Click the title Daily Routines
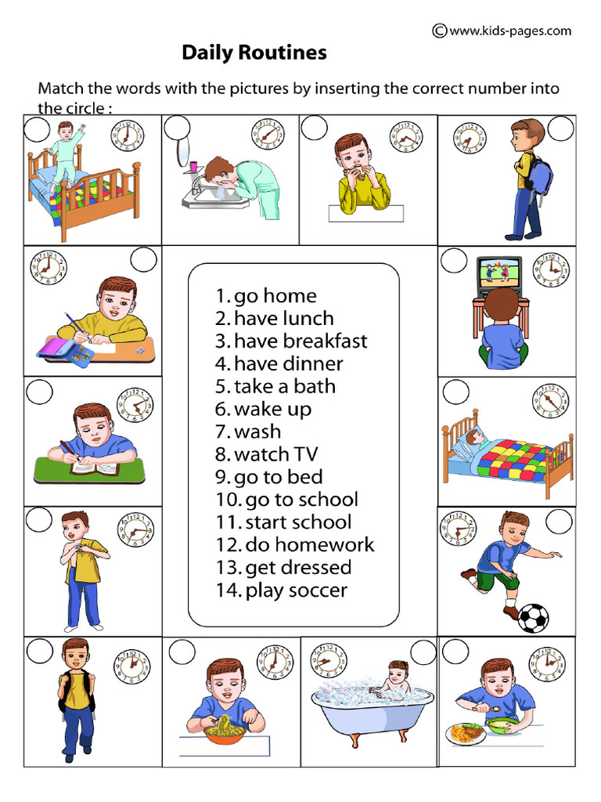click(254, 53)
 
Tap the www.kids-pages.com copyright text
click(502, 31)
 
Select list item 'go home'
click(266, 296)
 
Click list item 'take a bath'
click(275, 386)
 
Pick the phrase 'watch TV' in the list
click(265, 454)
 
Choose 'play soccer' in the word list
click(282, 591)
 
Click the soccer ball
click(533, 617)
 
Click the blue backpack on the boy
click(540, 176)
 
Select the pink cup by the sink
click(193, 166)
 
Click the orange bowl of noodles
click(225, 735)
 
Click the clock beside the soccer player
click(456, 531)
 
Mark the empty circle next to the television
click(454, 261)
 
